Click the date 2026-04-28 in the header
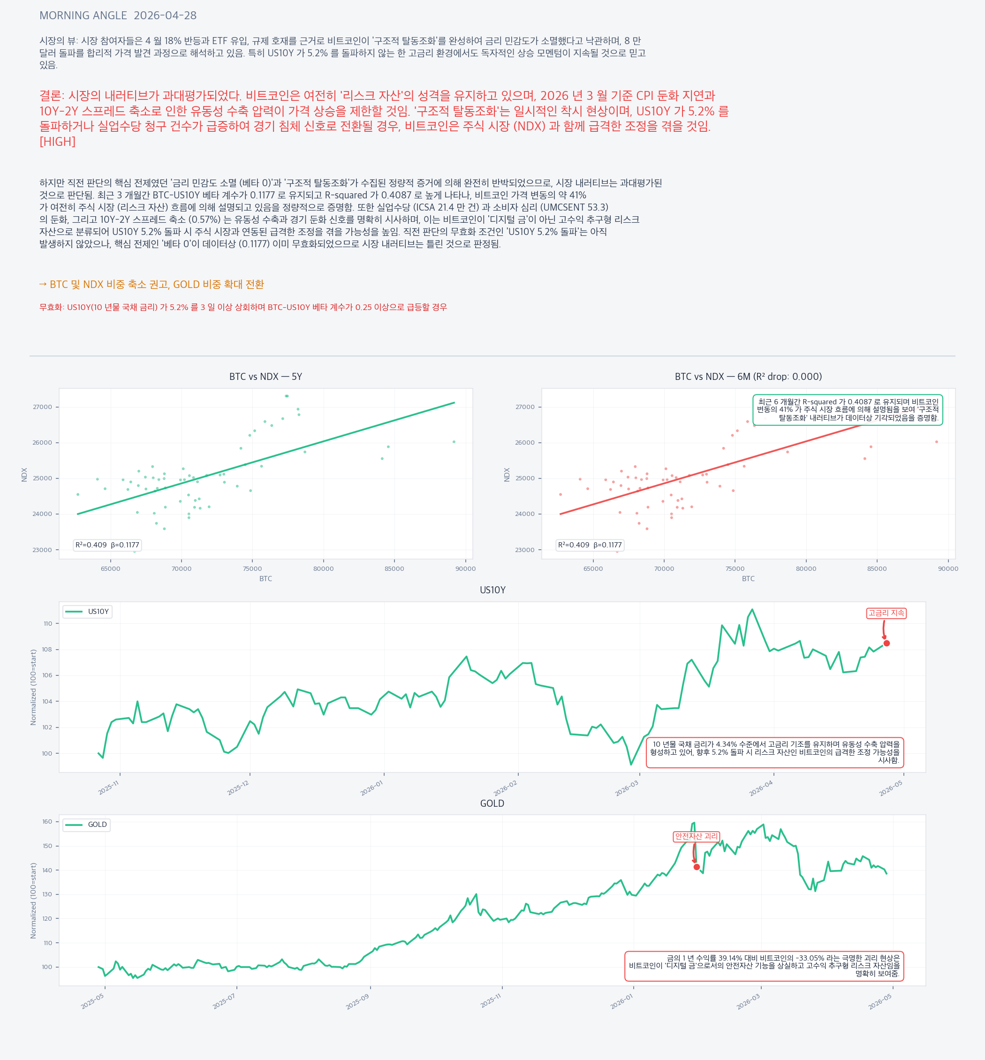(165, 15)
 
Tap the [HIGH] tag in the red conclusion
(58, 142)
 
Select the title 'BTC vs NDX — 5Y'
(265, 377)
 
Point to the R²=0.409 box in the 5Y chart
(107, 545)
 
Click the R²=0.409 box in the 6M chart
(590, 545)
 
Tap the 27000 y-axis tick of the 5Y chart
(43, 407)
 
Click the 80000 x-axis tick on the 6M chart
(806, 568)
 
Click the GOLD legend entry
(86, 825)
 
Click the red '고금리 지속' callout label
(886, 613)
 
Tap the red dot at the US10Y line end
(886, 643)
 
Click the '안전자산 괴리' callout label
(696, 836)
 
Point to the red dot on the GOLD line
(697, 867)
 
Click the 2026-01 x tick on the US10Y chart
(371, 787)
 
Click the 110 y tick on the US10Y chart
(48, 623)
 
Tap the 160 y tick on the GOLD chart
(47, 822)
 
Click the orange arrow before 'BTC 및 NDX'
(43, 285)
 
